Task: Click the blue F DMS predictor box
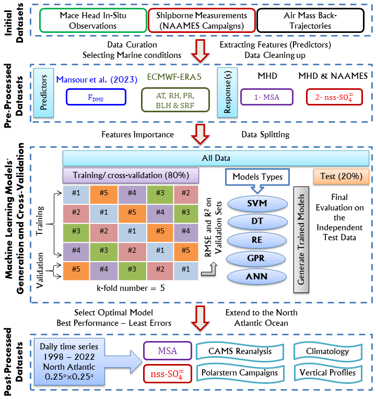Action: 96,97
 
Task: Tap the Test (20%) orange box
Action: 338,176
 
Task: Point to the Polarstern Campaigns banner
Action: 238,372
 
